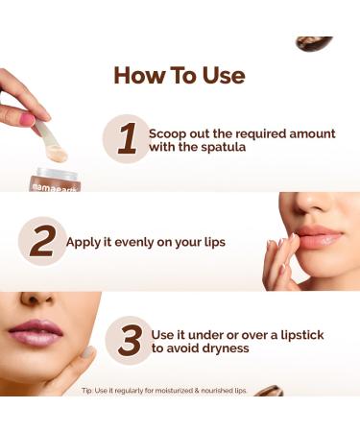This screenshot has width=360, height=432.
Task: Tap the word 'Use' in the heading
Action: point(220,76)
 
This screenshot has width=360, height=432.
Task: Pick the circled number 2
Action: point(41,240)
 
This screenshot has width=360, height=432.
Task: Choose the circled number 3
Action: point(129,340)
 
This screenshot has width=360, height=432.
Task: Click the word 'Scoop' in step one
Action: point(169,132)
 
